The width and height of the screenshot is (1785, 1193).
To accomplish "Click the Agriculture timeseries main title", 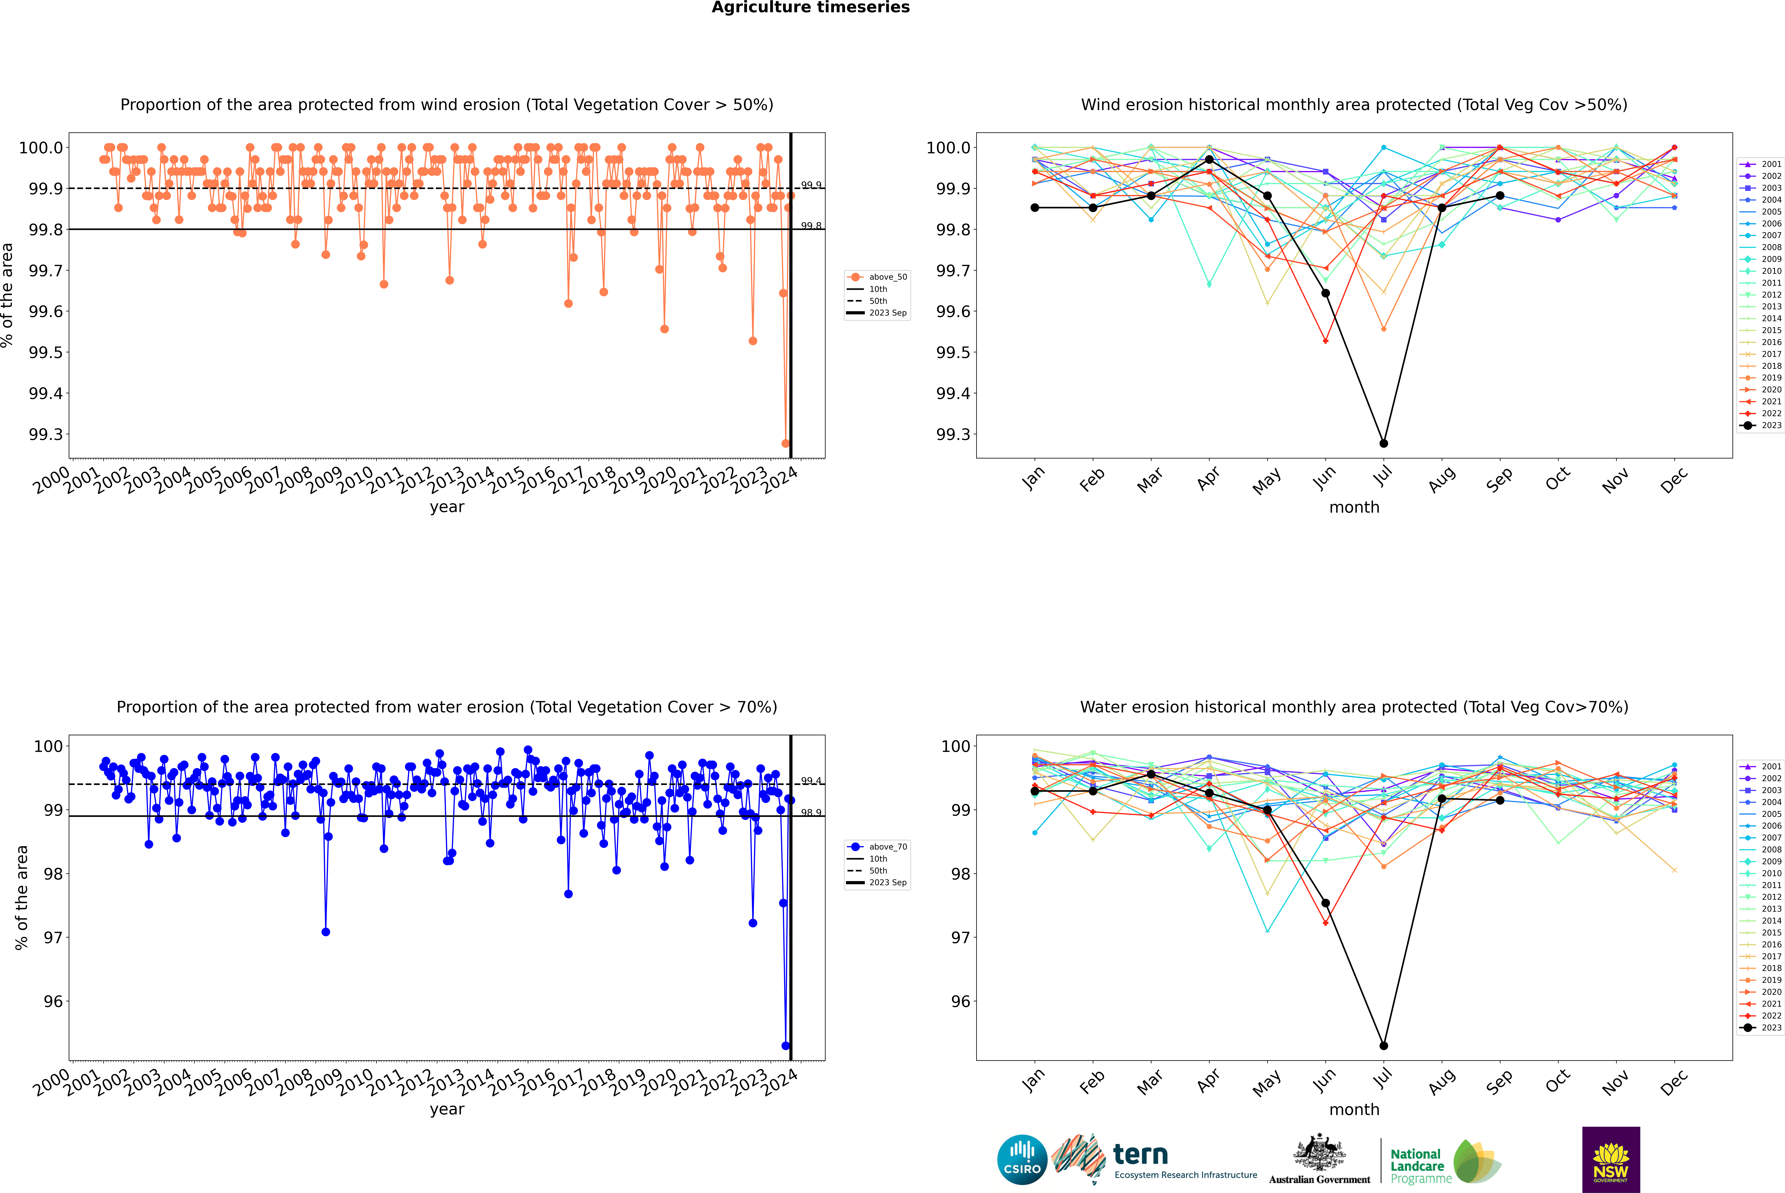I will [810, 8].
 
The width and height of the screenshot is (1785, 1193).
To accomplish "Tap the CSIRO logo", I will [1022, 1160].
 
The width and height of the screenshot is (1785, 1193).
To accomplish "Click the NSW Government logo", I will [1611, 1160].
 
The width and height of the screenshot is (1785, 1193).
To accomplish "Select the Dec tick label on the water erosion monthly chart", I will [1674, 1082].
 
